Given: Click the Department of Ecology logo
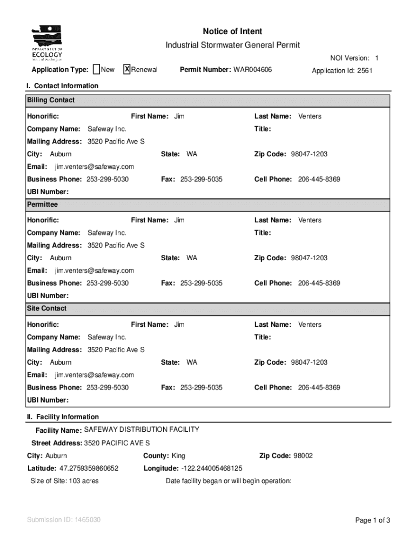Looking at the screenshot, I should coord(47,43).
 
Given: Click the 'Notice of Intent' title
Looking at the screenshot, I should coord(232,31).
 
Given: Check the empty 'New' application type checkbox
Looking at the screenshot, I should coord(96,69).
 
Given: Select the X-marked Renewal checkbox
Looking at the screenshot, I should coord(127,69).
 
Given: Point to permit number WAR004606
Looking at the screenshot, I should coord(252,70).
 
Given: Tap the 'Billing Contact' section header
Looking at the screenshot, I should coord(51,100).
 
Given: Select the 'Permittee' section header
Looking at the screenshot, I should coord(42,205).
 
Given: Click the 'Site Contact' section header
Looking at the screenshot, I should coord(47,308).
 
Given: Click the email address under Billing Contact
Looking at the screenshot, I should coord(94,167).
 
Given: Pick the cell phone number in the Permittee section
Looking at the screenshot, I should coord(319,283).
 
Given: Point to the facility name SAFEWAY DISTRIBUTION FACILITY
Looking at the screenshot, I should coord(142,430).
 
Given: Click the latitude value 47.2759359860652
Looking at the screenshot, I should coord(89,468).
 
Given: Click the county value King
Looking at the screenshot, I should coord(178,456).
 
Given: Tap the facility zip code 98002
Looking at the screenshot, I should coord(303,456).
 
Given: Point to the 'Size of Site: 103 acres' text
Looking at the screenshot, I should coord(64,481).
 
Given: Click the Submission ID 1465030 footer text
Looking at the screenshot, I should coord(64,520).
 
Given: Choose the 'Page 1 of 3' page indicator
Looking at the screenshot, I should coord(372,520).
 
